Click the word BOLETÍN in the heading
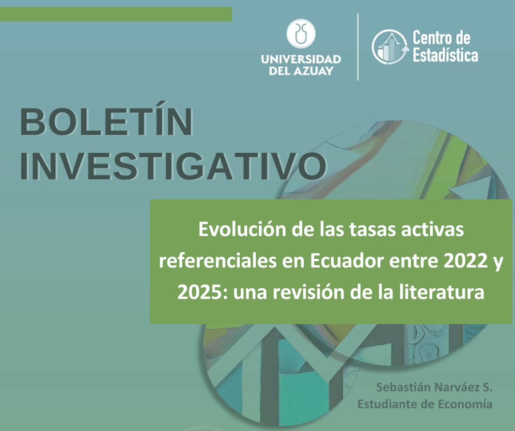click(106, 123)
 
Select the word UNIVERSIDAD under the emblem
click(301, 59)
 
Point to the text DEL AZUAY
click(301, 71)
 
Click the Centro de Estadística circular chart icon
click(389, 46)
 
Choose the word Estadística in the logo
click(445, 55)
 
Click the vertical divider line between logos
click(358, 46)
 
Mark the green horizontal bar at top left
click(116, 14)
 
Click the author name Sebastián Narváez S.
click(434, 387)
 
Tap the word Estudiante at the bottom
click(386, 404)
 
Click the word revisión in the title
click(314, 293)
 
